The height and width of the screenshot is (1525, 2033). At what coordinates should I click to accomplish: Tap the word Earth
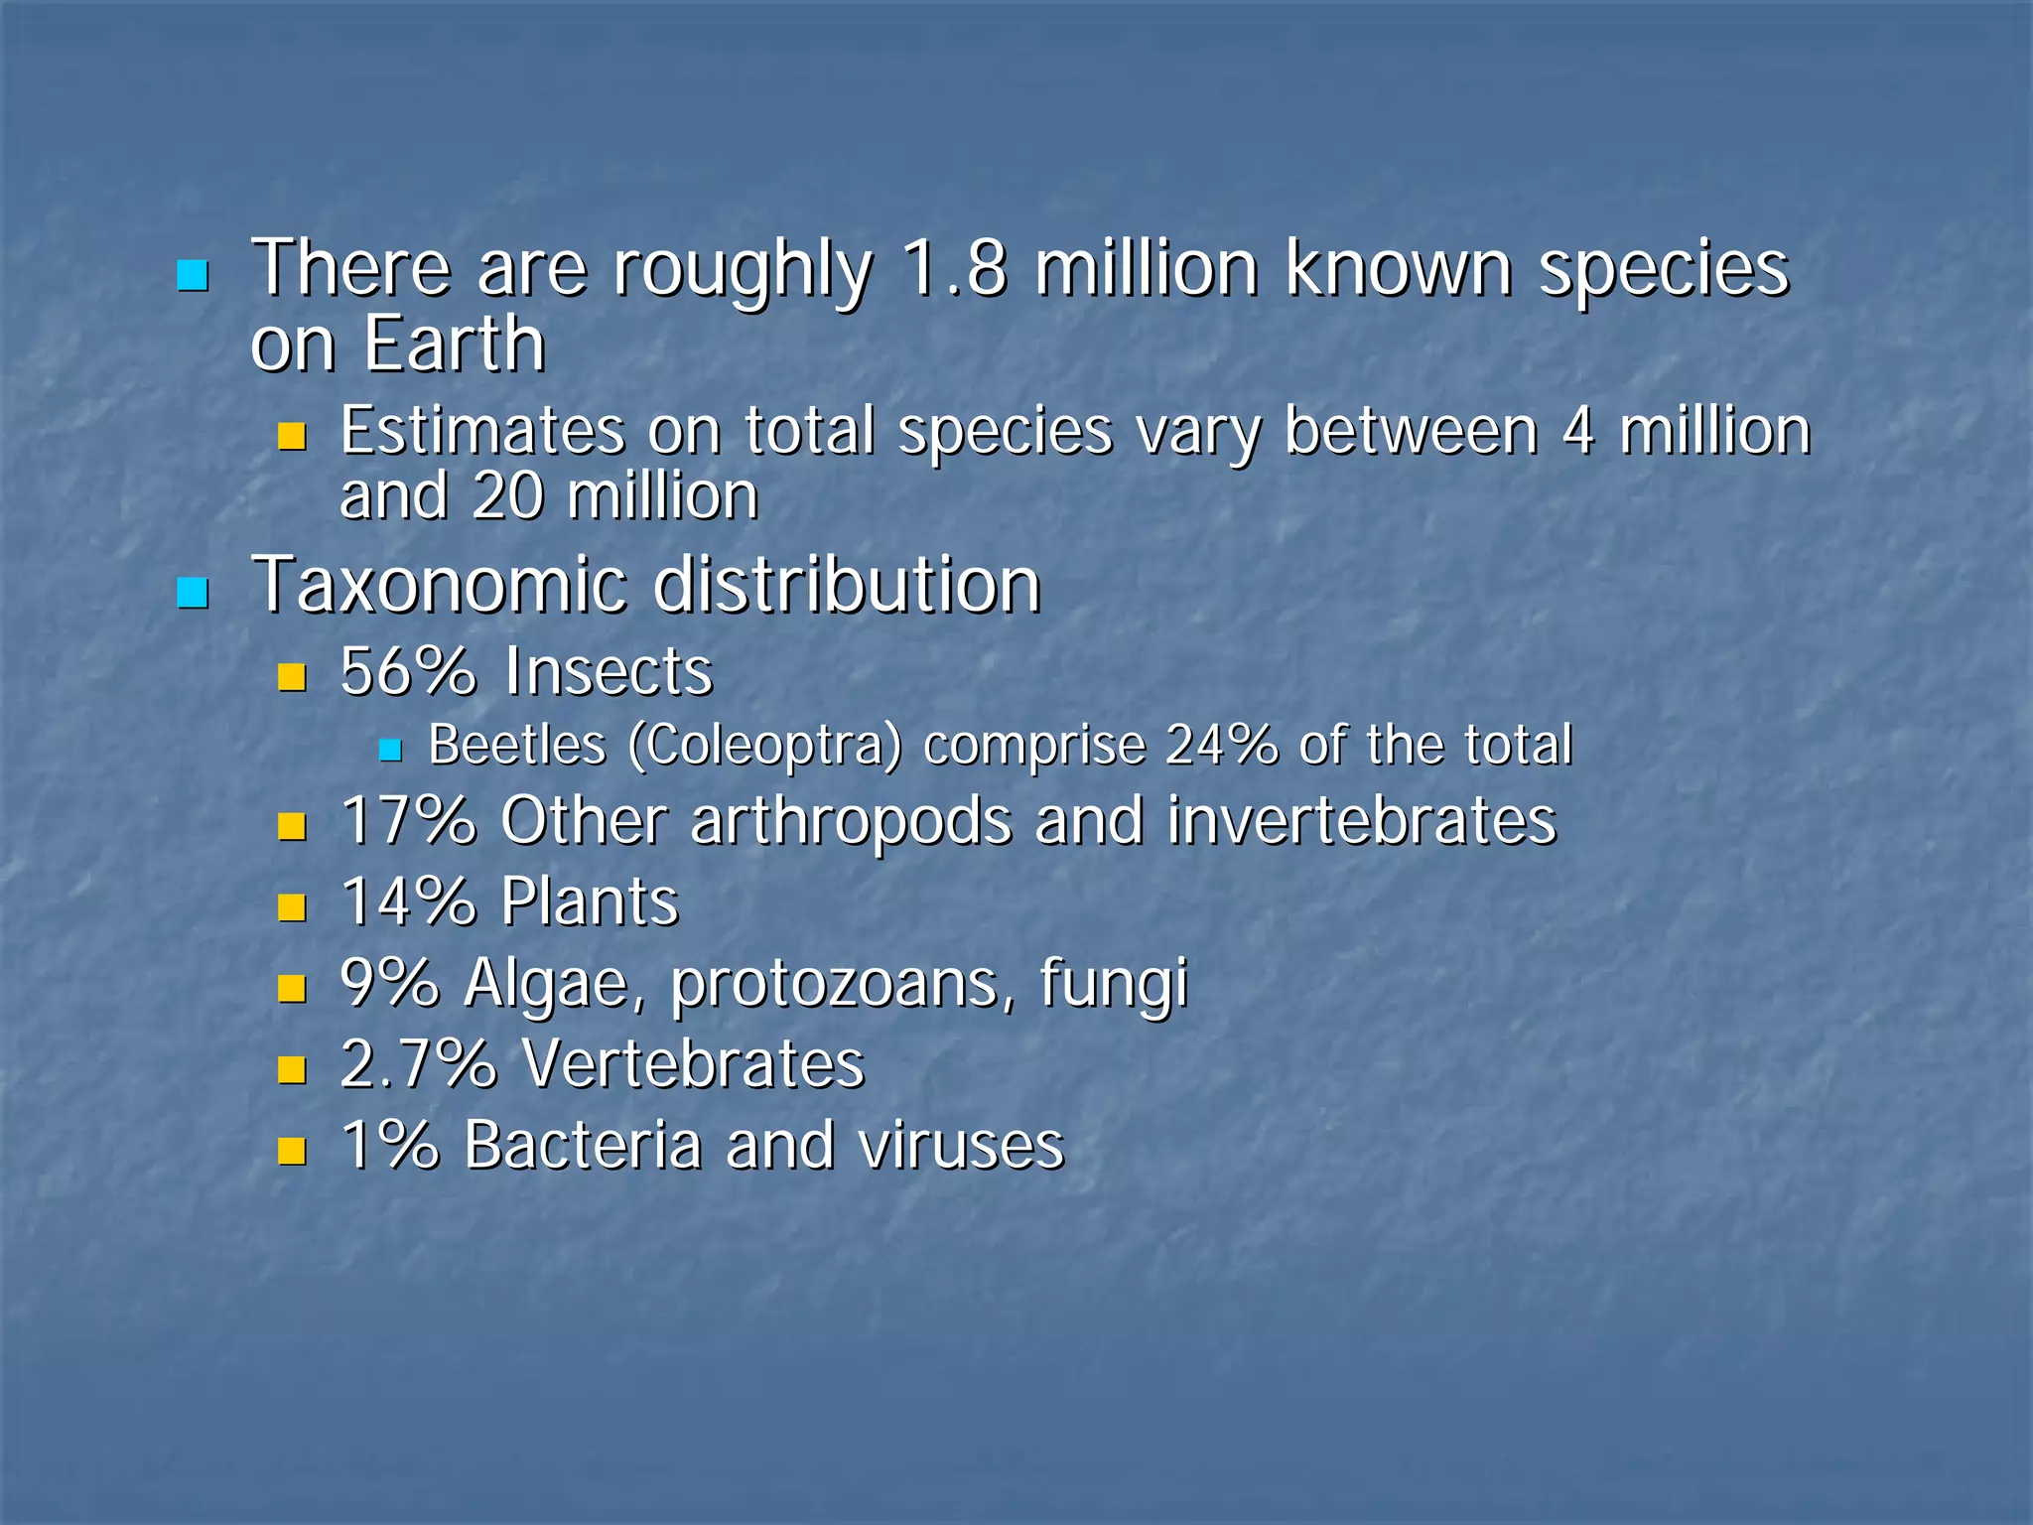pyautogui.click(x=454, y=345)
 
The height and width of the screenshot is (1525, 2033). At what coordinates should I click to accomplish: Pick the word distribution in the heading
pyautogui.click(x=847, y=585)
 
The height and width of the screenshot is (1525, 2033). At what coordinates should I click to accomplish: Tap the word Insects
pyautogui.click(x=609, y=671)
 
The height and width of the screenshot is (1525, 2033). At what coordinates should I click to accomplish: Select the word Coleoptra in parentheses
pyautogui.click(x=764, y=745)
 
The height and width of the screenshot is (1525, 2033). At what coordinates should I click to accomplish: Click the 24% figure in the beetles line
pyautogui.click(x=1221, y=745)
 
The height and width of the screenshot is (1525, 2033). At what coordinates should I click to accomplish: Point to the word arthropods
pyautogui.click(x=851, y=822)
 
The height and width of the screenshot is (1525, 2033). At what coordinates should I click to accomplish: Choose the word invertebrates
pyautogui.click(x=1361, y=822)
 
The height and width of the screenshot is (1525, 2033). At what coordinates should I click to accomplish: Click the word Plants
pyautogui.click(x=590, y=902)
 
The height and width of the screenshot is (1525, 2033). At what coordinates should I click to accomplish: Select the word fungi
pyautogui.click(x=1113, y=984)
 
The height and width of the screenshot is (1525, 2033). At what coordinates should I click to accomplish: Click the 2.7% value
pyautogui.click(x=418, y=1064)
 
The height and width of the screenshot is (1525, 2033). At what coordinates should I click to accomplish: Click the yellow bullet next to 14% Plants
pyautogui.click(x=292, y=906)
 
